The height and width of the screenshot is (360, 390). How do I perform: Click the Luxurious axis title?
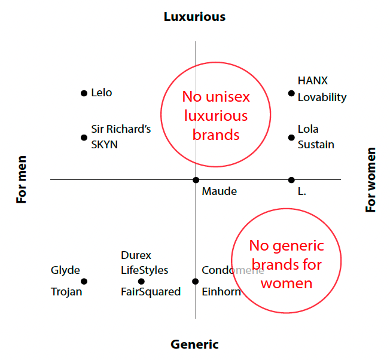click(194, 17)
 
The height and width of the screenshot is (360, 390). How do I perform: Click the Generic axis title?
click(194, 344)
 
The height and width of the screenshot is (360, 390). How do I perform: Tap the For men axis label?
click(22, 179)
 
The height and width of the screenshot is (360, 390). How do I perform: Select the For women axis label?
click(371, 179)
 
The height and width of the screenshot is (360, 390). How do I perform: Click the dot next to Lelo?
click(84, 93)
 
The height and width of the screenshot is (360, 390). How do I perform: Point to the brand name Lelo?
click(102, 93)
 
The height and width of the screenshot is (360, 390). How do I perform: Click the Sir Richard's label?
click(121, 129)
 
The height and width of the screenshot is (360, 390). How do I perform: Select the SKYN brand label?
click(105, 145)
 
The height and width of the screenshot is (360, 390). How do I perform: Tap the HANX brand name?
click(313, 81)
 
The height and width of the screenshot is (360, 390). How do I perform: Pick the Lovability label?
click(322, 97)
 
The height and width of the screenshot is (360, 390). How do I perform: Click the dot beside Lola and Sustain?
click(291, 138)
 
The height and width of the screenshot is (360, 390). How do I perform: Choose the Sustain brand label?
click(316, 145)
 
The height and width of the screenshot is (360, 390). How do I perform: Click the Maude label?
click(220, 191)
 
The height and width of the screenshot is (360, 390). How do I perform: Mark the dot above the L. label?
click(291, 180)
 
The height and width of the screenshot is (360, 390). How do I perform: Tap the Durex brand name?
click(136, 255)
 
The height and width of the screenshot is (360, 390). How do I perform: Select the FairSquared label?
click(151, 292)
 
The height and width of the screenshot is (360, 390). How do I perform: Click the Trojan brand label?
click(66, 292)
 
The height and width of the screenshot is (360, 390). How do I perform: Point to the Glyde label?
click(65, 270)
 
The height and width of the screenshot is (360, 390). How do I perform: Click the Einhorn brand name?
click(221, 292)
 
